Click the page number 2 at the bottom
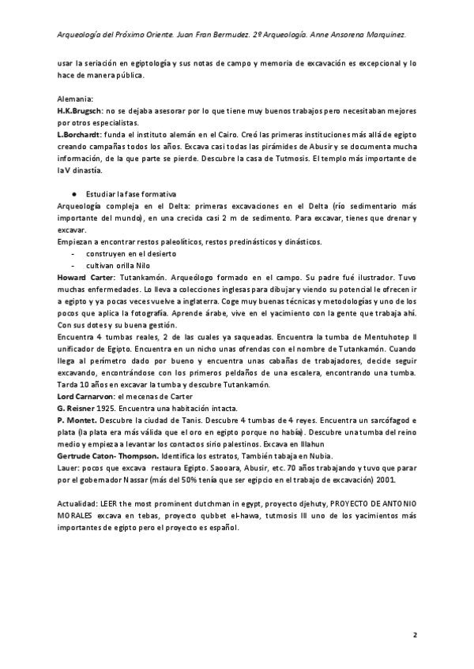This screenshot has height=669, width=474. pyautogui.click(x=415, y=634)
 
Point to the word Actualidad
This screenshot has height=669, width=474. pyautogui.click(x=80, y=503)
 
